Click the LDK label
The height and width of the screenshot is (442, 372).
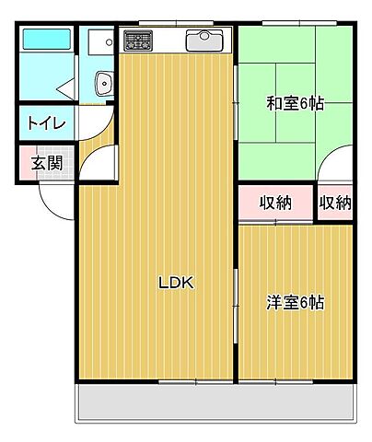click(x=175, y=284)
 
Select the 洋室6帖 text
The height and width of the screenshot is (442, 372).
click(x=296, y=302)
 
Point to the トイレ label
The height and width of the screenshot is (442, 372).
click(x=40, y=122)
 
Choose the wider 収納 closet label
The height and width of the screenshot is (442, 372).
click(x=275, y=203)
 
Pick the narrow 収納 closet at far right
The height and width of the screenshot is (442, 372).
click(x=336, y=203)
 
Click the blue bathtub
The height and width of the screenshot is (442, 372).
click(x=46, y=41)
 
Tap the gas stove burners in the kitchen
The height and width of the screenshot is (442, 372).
click(x=139, y=41)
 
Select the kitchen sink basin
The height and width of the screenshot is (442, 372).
click(x=203, y=41)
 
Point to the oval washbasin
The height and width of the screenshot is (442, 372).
click(x=104, y=85)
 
